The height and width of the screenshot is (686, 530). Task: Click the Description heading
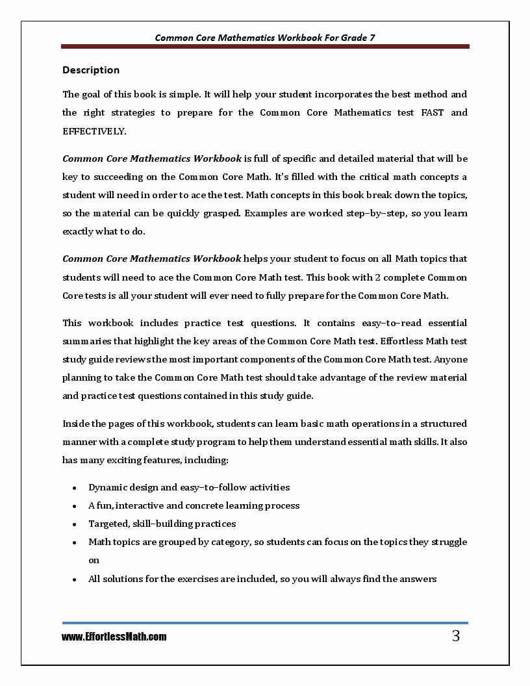click(91, 70)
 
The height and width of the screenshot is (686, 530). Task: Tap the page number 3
click(456, 637)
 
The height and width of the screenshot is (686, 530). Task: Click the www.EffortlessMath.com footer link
click(114, 637)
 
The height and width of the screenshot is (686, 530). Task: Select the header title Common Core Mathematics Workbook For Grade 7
click(265, 38)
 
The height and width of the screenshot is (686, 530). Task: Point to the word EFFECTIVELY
click(94, 131)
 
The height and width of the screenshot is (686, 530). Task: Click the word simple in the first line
click(186, 95)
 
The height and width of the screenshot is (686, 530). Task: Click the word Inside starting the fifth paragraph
click(76, 424)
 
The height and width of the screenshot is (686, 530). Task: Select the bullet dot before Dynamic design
click(75, 488)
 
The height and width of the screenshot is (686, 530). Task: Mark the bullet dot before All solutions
click(75, 579)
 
